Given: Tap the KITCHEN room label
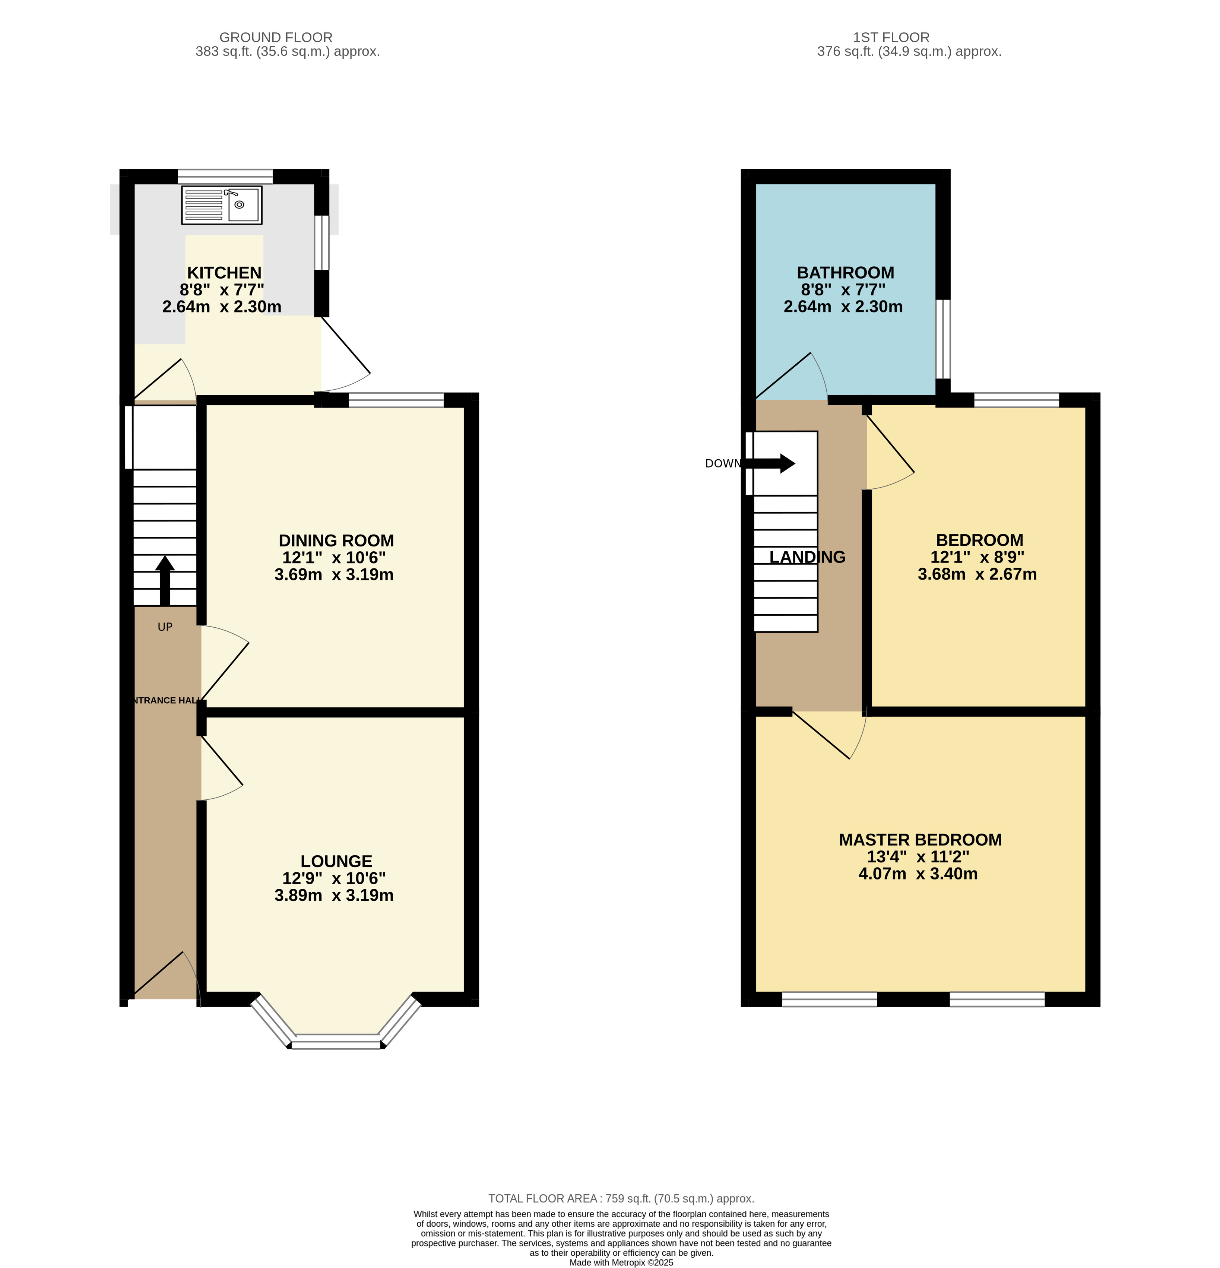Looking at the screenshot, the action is coord(225,273).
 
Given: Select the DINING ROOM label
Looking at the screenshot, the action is coord(336,541).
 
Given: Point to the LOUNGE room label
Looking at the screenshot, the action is coord(336,862).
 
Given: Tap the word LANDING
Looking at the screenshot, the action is coord(807,557).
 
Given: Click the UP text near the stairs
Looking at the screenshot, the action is coord(165,627).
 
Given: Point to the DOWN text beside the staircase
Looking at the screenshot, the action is coord(723,463).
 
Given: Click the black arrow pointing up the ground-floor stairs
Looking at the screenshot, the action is coord(165,580).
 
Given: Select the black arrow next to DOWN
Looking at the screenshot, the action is coord(770,463).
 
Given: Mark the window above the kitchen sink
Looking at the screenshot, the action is coord(225,177).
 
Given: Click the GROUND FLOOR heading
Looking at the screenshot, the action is coord(276,38).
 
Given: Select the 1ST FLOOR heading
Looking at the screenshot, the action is coord(891,38).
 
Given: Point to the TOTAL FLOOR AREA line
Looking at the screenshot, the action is coord(621,1199).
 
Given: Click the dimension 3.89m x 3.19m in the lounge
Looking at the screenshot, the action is coord(334,895).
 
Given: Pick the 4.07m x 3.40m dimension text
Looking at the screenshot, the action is coord(918,874).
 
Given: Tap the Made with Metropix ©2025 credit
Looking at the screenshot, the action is coord(621,1262).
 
